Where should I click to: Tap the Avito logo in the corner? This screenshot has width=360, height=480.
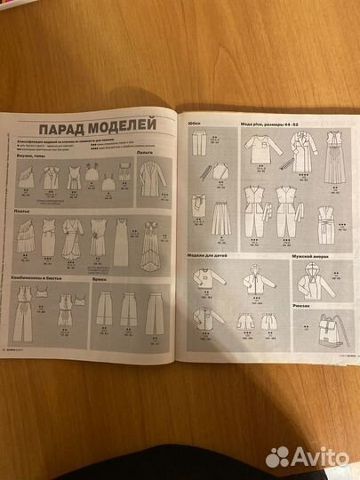[x=310, y=457]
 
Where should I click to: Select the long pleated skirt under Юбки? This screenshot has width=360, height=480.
[x=220, y=216]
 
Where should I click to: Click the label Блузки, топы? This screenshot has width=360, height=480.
[x=31, y=154]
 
